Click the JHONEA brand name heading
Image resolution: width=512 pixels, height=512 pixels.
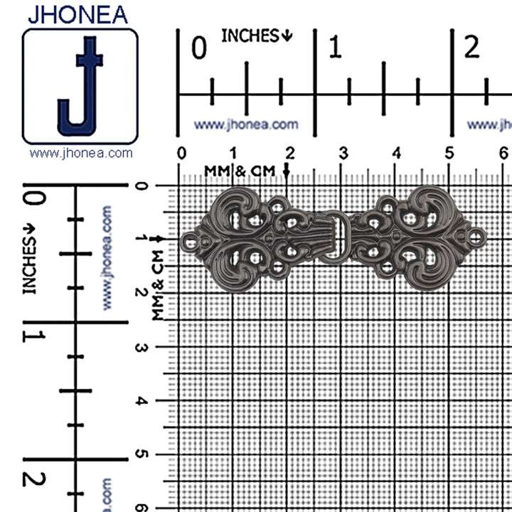[78, 15]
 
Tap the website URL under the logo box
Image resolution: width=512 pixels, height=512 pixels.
[81, 153]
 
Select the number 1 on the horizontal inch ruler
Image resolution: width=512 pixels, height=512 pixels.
[335, 47]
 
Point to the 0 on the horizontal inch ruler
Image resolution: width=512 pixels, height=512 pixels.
[199, 48]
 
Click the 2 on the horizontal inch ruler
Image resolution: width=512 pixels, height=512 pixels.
[471, 47]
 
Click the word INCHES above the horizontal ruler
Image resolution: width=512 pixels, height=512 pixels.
[250, 36]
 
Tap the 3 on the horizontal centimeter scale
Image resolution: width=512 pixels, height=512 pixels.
[343, 153]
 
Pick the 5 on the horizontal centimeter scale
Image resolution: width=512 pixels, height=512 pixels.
[449, 153]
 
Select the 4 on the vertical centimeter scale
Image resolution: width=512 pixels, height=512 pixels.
[142, 400]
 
